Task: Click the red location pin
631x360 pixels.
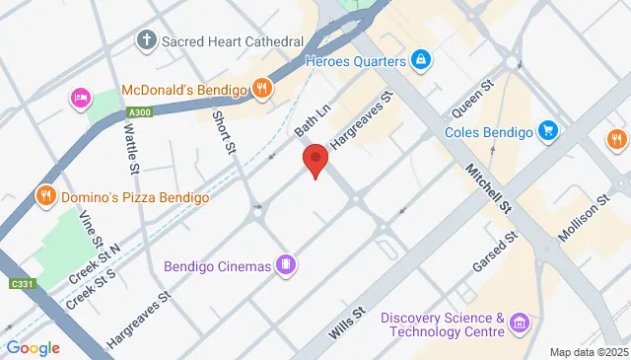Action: [315, 159]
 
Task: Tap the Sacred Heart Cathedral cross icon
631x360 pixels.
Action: [146, 41]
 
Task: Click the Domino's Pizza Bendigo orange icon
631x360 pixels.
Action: [44, 197]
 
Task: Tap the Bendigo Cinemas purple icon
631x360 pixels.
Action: [284, 264]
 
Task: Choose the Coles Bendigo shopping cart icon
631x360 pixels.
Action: [548, 131]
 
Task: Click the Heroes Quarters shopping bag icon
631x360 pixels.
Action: [422, 61]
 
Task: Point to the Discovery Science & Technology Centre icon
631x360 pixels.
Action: [521, 324]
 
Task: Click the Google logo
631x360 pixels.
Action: [33, 347]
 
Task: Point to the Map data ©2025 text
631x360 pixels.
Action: [588, 352]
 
